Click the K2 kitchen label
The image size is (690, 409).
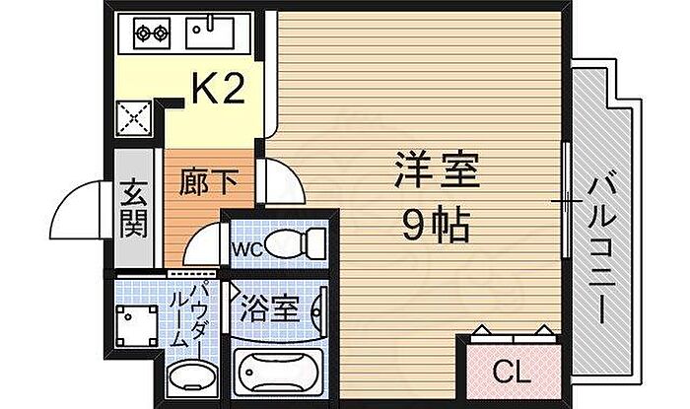click(x=218, y=90)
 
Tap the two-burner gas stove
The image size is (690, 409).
click(x=152, y=33)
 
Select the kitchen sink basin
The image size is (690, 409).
click(x=209, y=33)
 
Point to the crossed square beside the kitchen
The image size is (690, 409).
click(x=134, y=118)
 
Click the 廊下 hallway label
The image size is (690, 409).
click(x=208, y=181)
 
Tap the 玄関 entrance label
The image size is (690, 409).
click(x=134, y=208)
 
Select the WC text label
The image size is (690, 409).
click(x=247, y=249)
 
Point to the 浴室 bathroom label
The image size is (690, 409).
click(x=270, y=309)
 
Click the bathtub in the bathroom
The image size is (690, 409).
click(x=278, y=374)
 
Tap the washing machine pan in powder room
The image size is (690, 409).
click(x=137, y=326)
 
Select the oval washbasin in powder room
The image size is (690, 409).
click(x=192, y=376)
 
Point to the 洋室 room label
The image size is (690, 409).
click(x=437, y=170)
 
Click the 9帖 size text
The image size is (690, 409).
click(x=436, y=225)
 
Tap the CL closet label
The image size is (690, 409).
click(x=512, y=373)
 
